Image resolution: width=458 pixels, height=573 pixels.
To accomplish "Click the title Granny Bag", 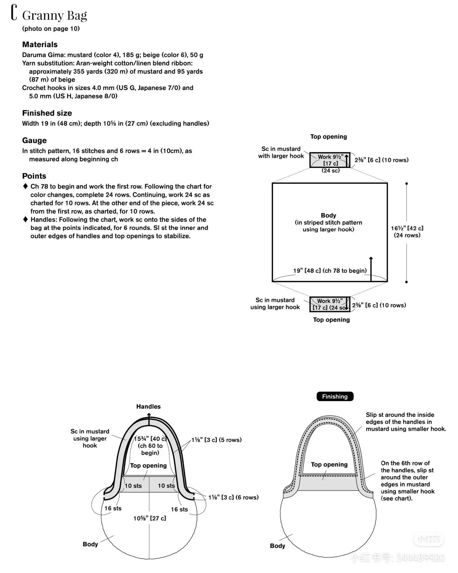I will click(x=54, y=15).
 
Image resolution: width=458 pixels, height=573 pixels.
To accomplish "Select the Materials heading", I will click(x=40, y=45).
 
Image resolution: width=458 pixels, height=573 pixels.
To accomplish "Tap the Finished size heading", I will click(x=47, y=113).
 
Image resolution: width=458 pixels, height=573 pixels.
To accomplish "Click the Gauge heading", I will click(x=34, y=141).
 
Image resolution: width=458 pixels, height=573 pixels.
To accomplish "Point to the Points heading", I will click(x=34, y=176).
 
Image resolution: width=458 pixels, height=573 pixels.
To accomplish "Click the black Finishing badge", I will click(x=335, y=397).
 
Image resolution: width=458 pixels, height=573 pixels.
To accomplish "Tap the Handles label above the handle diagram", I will click(x=148, y=406).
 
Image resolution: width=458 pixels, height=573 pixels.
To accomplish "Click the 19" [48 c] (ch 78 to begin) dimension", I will click(x=330, y=271).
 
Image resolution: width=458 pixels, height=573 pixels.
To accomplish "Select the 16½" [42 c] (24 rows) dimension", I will click(x=407, y=231).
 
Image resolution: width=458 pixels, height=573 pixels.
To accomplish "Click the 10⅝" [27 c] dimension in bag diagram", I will click(x=149, y=518).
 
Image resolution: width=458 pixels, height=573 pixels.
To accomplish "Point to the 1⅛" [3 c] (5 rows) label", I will click(x=216, y=440).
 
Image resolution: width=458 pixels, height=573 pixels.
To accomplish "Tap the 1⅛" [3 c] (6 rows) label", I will click(x=233, y=497).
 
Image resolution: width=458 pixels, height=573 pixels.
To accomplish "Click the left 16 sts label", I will click(x=113, y=508).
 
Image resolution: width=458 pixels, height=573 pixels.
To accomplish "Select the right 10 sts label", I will click(x=166, y=486).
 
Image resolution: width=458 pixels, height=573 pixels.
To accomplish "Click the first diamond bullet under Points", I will click(x=25, y=186).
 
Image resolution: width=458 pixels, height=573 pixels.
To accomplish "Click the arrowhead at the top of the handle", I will click(x=149, y=414).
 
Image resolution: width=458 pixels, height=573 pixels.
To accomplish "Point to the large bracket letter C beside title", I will click(x=14, y=13).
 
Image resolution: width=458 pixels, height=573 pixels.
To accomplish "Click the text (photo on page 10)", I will click(x=51, y=29).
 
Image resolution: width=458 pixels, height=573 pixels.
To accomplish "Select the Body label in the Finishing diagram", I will click(x=277, y=546).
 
